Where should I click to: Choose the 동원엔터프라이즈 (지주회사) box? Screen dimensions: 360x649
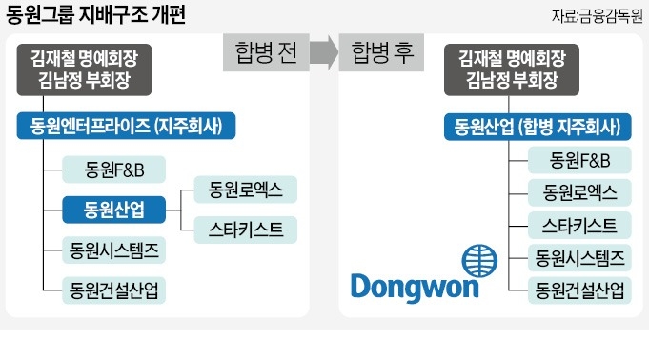[125, 126]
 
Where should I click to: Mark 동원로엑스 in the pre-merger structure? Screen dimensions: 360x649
[246, 190]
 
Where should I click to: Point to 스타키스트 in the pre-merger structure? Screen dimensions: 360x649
[246, 228]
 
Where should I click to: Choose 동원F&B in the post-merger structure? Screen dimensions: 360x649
[580, 159]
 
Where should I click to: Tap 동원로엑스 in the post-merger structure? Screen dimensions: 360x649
[580, 192]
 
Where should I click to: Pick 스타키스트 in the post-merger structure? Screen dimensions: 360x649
[580, 225]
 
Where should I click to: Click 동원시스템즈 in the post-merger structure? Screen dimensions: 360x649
[580, 257]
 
